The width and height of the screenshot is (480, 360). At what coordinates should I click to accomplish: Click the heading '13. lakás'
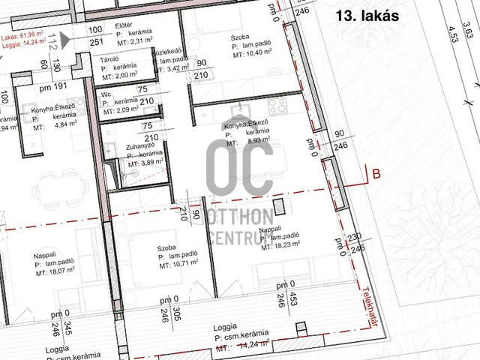[x=367, y=14]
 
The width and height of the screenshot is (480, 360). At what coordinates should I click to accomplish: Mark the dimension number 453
[x=303, y=295]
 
